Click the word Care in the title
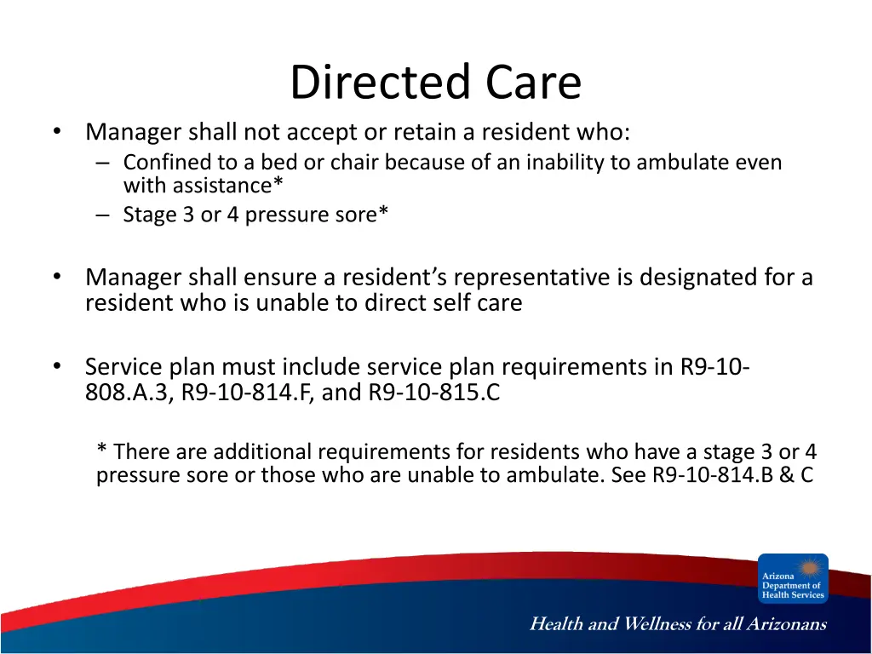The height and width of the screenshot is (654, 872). (533, 83)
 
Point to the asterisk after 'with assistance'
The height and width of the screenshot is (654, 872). (278, 182)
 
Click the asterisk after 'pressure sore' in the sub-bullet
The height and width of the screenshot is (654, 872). (383, 211)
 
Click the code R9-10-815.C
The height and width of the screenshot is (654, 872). (434, 392)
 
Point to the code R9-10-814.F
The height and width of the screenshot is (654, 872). (248, 392)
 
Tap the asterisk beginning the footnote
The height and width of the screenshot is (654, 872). (102, 448)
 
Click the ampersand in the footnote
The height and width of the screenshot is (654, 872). (786, 474)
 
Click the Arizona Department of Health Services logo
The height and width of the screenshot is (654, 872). (793, 578)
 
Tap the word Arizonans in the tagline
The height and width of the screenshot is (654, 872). (786, 623)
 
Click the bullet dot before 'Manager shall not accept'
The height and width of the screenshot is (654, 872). (57, 132)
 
